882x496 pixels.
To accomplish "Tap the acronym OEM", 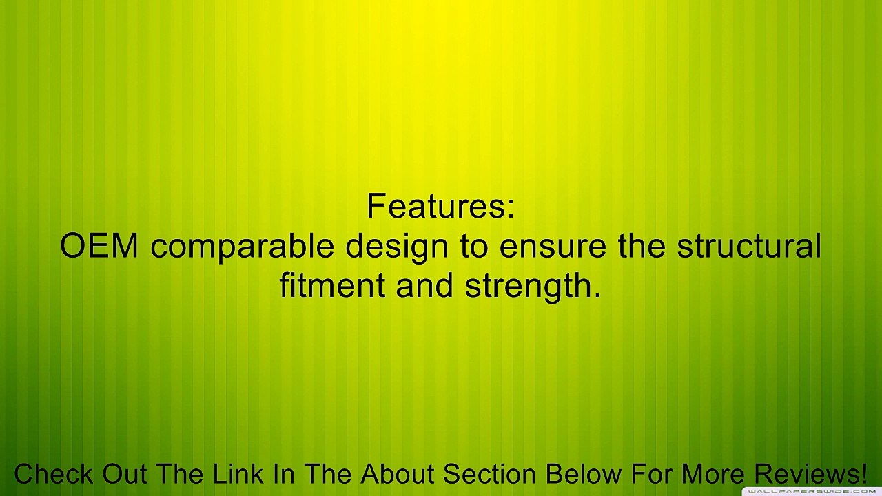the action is pyautogui.click(x=99, y=246).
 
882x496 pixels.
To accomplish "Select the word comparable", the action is pyautogui.click(x=242, y=247).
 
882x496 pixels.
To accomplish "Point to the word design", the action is pyautogui.click(x=397, y=247).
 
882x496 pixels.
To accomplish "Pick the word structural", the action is pyautogui.click(x=749, y=245).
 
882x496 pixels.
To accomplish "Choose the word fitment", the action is pyautogui.click(x=332, y=285).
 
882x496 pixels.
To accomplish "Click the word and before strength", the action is pyautogui.click(x=424, y=285).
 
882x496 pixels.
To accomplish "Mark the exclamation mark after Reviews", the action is pyautogui.click(x=863, y=473).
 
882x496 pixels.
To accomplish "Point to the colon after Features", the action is pyautogui.click(x=511, y=210).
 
